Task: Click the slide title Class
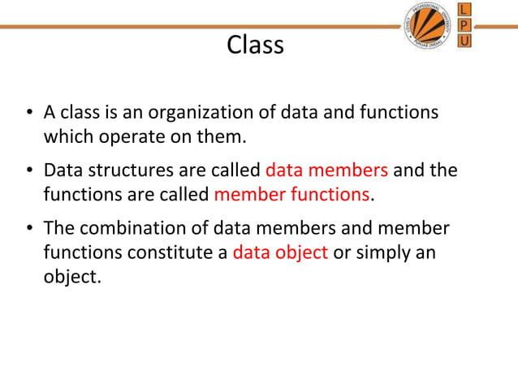256,45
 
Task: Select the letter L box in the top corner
464,10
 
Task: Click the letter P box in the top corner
464,25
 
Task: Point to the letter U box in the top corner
464,41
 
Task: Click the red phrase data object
280,252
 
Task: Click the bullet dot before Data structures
28,172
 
